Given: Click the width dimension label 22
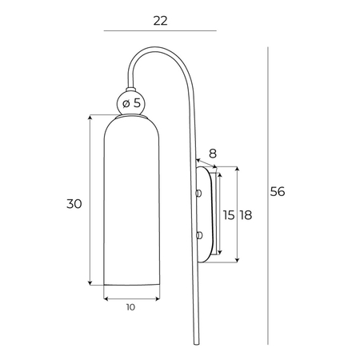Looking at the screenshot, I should [160, 21].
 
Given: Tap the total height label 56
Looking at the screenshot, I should [278, 191].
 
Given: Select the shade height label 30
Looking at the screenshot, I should [74, 203].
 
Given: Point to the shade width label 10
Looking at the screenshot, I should [130, 306].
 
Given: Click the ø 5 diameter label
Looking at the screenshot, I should [133, 102].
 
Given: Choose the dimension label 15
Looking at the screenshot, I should [229, 214].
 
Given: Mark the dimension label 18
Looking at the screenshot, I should [246, 214].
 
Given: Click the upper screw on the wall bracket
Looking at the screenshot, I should [198, 193].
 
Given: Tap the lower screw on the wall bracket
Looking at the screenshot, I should [198, 234].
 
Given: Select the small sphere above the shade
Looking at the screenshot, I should [127, 102].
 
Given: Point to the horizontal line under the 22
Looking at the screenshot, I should [160, 31].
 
